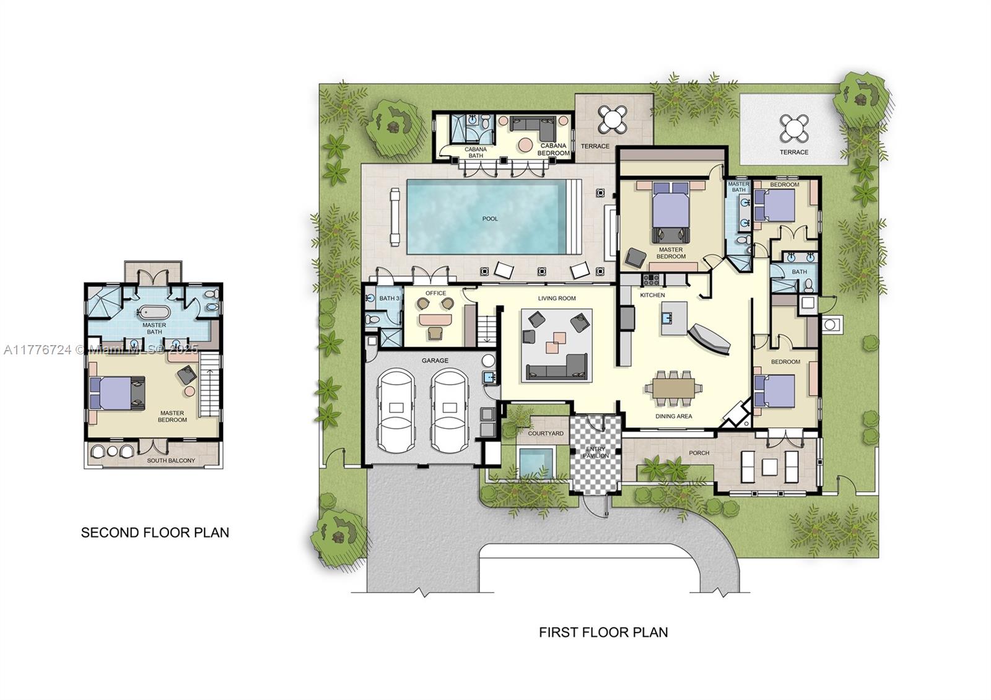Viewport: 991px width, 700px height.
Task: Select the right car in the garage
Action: coord(449,411)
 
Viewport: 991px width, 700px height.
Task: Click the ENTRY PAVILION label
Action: coord(596,452)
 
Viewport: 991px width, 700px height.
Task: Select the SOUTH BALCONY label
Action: coord(171,460)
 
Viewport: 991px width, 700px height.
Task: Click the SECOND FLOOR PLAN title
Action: coord(155,532)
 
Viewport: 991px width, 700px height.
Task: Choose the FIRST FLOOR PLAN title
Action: coord(603,632)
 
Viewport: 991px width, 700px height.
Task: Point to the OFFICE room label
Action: coord(435,293)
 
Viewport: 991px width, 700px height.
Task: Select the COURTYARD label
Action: coord(546,433)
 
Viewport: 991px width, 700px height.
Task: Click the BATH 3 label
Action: coord(389,299)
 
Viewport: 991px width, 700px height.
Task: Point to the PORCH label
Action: coord(699,453)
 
